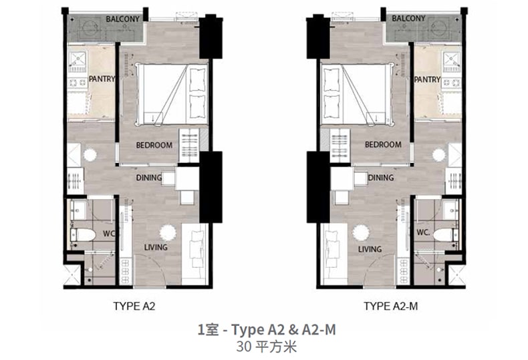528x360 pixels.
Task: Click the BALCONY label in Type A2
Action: [x=122, y=19]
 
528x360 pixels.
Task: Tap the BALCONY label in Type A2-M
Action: [x=408, y=18]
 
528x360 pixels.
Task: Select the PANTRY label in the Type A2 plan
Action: [x=102, y=79]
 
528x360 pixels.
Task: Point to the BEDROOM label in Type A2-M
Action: [x=383, y=145]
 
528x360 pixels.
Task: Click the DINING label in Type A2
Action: [x=149, y=178]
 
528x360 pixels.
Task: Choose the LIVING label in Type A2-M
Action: [x=370, y=249]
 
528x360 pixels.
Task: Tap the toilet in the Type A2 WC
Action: [x=83, y=234]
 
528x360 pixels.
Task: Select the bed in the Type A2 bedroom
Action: [x=171, y=95]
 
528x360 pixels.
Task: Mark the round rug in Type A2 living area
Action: [x=168, y=233]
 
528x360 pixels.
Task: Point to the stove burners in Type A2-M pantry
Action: [x=451, y=83]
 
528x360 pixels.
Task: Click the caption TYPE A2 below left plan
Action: [x=134, y=306]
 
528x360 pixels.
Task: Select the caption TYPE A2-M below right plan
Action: [x=390, y=306]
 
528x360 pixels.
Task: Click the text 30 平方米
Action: [x=266, y=347]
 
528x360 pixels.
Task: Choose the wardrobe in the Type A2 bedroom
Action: [x=189, y=146]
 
